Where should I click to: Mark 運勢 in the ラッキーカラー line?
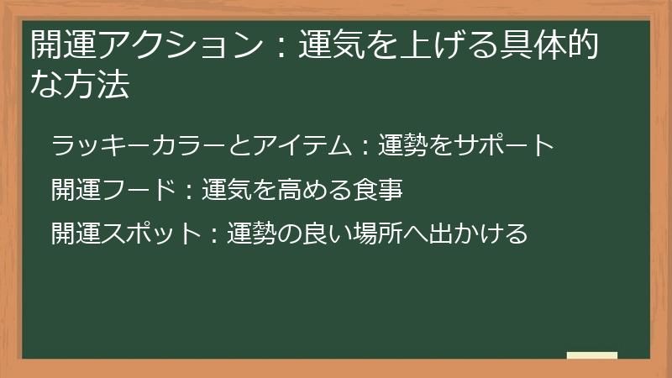pos(403,146)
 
